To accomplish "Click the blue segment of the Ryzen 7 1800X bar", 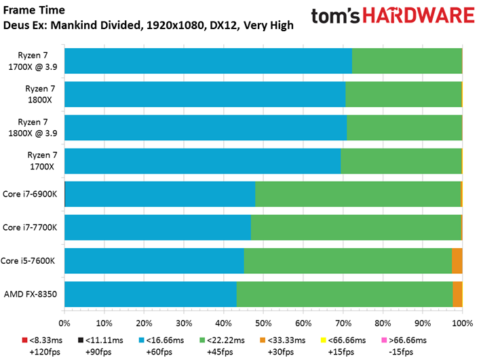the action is click(205, 94).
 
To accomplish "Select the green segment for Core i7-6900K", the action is click(358, 194).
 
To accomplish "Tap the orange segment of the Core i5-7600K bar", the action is click(457, 260).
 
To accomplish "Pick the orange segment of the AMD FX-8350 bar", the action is click(457, 294).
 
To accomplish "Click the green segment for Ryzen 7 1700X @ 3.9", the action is click(407, 61).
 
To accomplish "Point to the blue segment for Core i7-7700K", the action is click(157, 227).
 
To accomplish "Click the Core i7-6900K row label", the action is click(30, 194).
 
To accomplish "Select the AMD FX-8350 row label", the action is click(31, 294).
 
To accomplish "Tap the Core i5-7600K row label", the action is click(28, 260).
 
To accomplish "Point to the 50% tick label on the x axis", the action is click(263, 323).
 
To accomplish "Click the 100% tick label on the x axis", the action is click(463, 323).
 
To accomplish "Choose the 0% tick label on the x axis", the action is click(64, 323).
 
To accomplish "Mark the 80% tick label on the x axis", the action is click(383, 323).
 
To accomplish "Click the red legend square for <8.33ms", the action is click(25, 340).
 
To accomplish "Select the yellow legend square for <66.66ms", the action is click(323, 340).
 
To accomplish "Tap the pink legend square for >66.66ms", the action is click(384, 340).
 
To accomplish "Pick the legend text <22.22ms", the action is click(226, 340).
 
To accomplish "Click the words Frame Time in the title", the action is click(34, 10).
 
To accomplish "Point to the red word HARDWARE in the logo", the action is click(419, 16).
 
